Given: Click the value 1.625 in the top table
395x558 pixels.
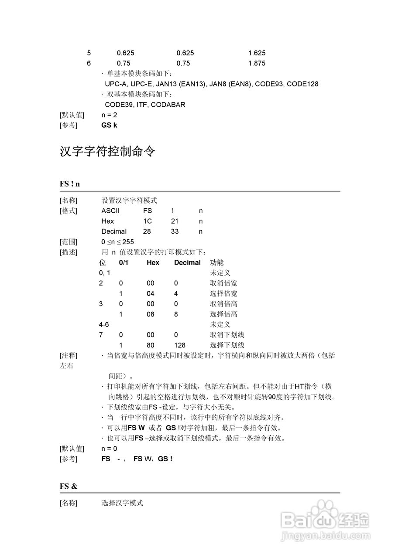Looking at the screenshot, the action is click(x=257, y=53).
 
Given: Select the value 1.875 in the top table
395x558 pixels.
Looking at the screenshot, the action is click(x=257, y=63).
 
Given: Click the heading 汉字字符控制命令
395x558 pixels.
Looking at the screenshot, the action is click(x=107, y=152).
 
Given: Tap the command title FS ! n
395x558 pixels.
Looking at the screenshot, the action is click(x=70, y=184).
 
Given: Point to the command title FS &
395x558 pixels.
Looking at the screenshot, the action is click(x=69, y=486).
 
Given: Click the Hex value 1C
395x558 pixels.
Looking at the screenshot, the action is click(x=148, y=221).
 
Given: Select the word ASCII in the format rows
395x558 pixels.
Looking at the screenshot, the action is click(x=110, y=211).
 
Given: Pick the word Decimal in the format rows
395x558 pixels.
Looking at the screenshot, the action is click(x=114, y=231).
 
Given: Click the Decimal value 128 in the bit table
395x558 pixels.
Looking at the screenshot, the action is click(x=179, y=345).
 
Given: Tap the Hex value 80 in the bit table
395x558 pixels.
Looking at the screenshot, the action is click(x=151, y=345).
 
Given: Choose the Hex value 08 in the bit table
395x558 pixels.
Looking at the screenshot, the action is click(x=151, y=314).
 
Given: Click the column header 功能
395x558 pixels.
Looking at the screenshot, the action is click(x=217, y=262).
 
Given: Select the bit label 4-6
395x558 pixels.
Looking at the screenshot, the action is click(x=103, y=325).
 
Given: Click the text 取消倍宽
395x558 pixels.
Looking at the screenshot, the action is click(x=223, y=283).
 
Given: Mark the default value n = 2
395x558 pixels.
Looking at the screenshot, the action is click(x=109, y=115).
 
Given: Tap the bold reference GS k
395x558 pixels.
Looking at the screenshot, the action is click(x=109, y=126).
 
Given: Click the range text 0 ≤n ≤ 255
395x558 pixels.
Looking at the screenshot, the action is click(x=117, y=242).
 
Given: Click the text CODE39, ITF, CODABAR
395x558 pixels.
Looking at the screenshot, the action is click(x=145, y=105).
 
